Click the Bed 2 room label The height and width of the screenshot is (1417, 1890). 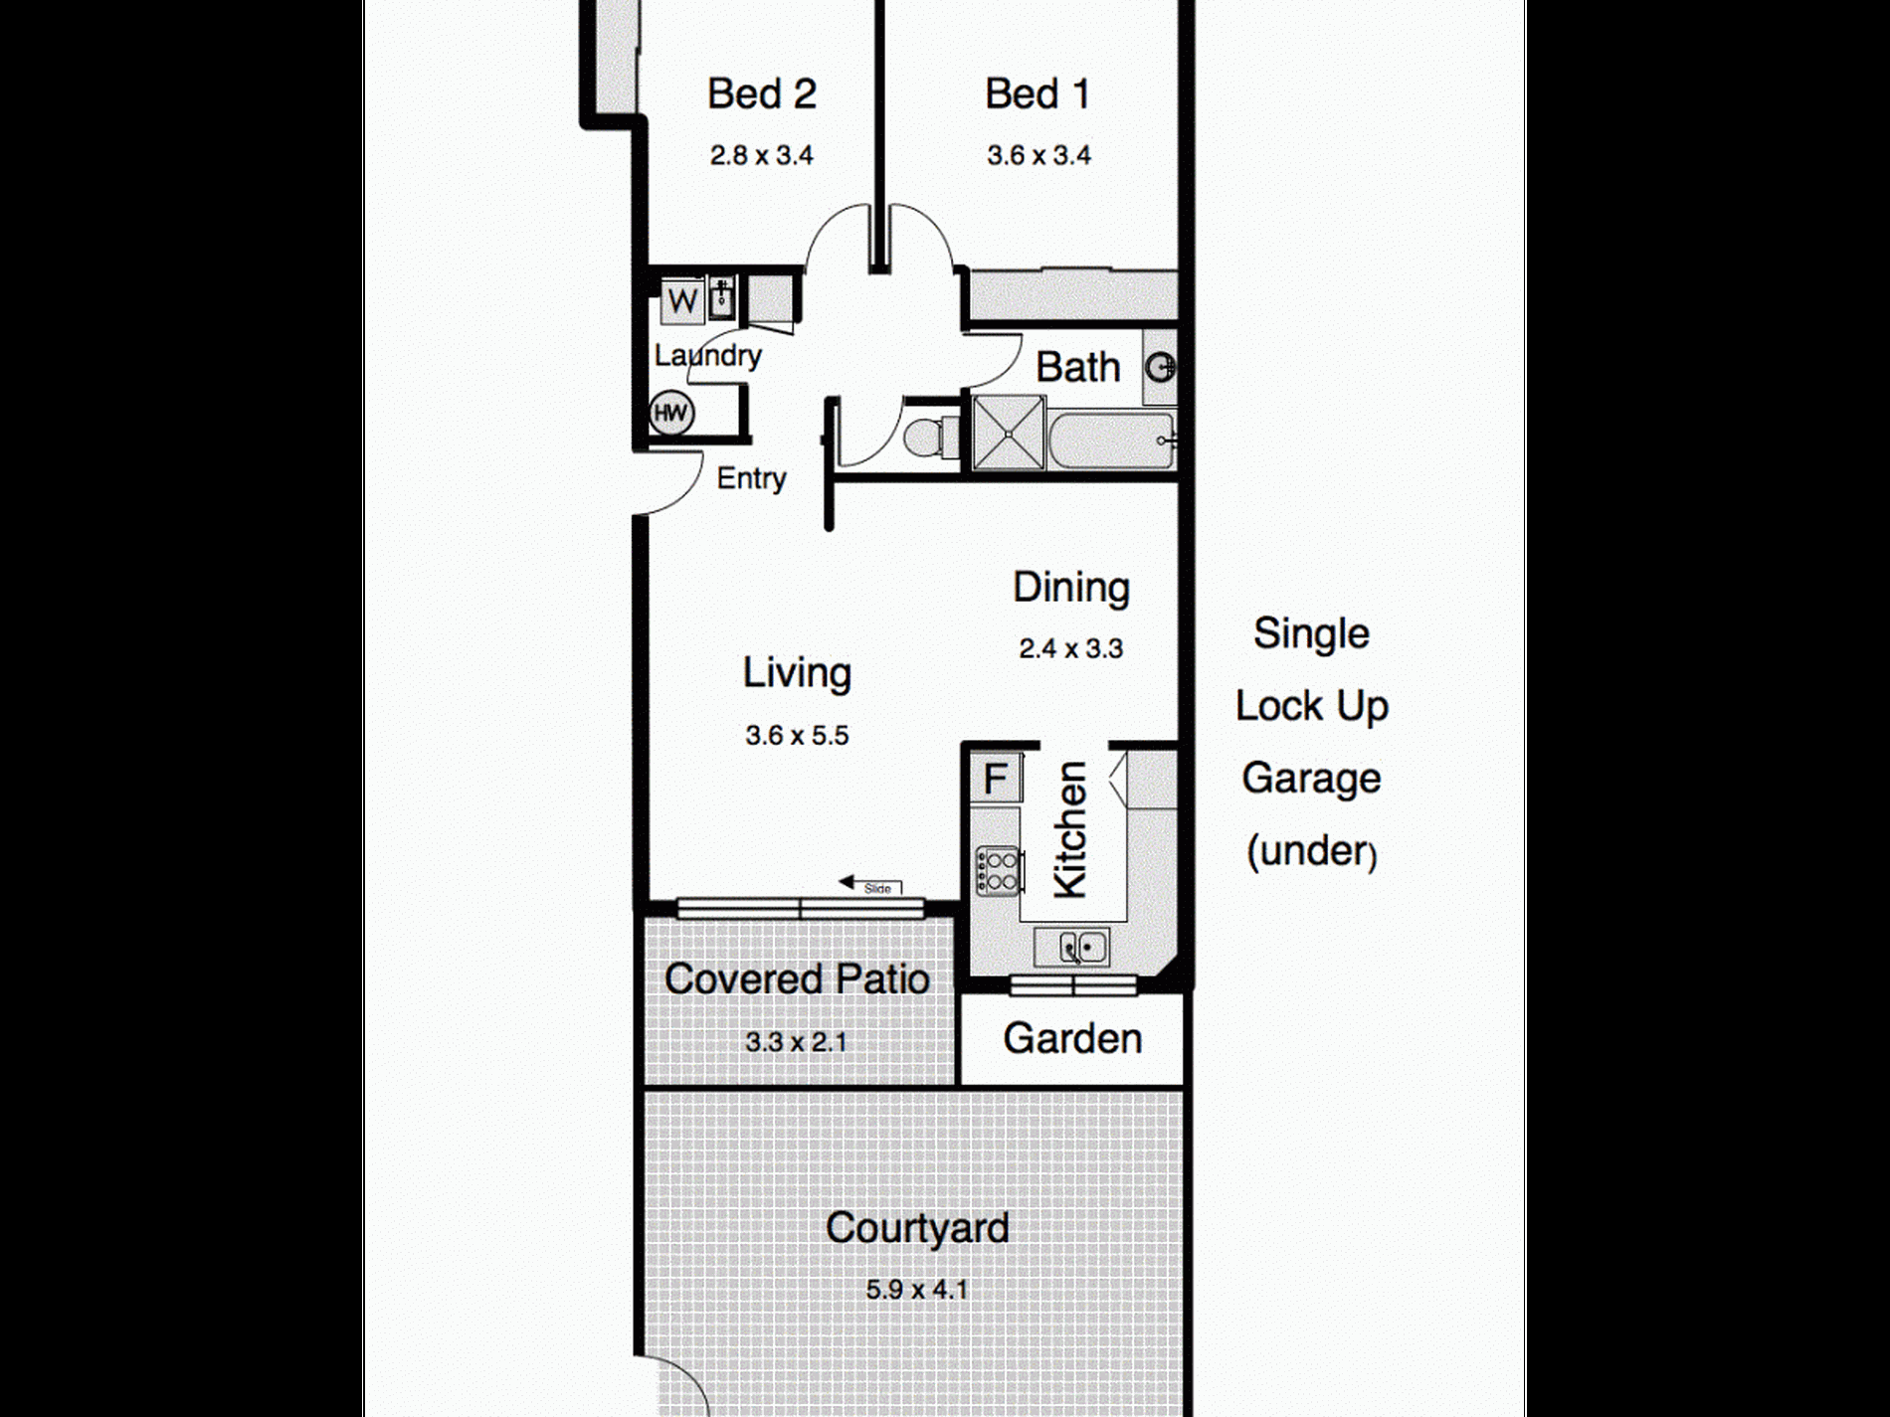762,94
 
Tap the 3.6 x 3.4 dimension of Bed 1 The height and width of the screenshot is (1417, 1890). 1039,155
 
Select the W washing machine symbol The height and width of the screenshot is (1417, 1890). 682,300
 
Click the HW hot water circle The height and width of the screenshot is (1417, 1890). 671,413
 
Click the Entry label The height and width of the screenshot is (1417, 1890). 751,479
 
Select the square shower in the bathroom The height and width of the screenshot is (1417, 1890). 1009,432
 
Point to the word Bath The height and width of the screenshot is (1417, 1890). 1078,367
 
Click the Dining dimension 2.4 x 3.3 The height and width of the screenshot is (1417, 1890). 1070,648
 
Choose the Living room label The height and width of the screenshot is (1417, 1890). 797,673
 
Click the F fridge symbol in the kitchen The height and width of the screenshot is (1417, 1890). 996,779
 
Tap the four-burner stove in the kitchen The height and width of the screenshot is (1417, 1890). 998,870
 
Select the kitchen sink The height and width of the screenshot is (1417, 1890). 1071,947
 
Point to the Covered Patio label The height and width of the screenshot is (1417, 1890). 797,979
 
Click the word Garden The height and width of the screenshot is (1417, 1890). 1072,1039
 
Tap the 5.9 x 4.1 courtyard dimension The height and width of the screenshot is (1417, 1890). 916,1290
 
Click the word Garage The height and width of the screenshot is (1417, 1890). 1311,780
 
